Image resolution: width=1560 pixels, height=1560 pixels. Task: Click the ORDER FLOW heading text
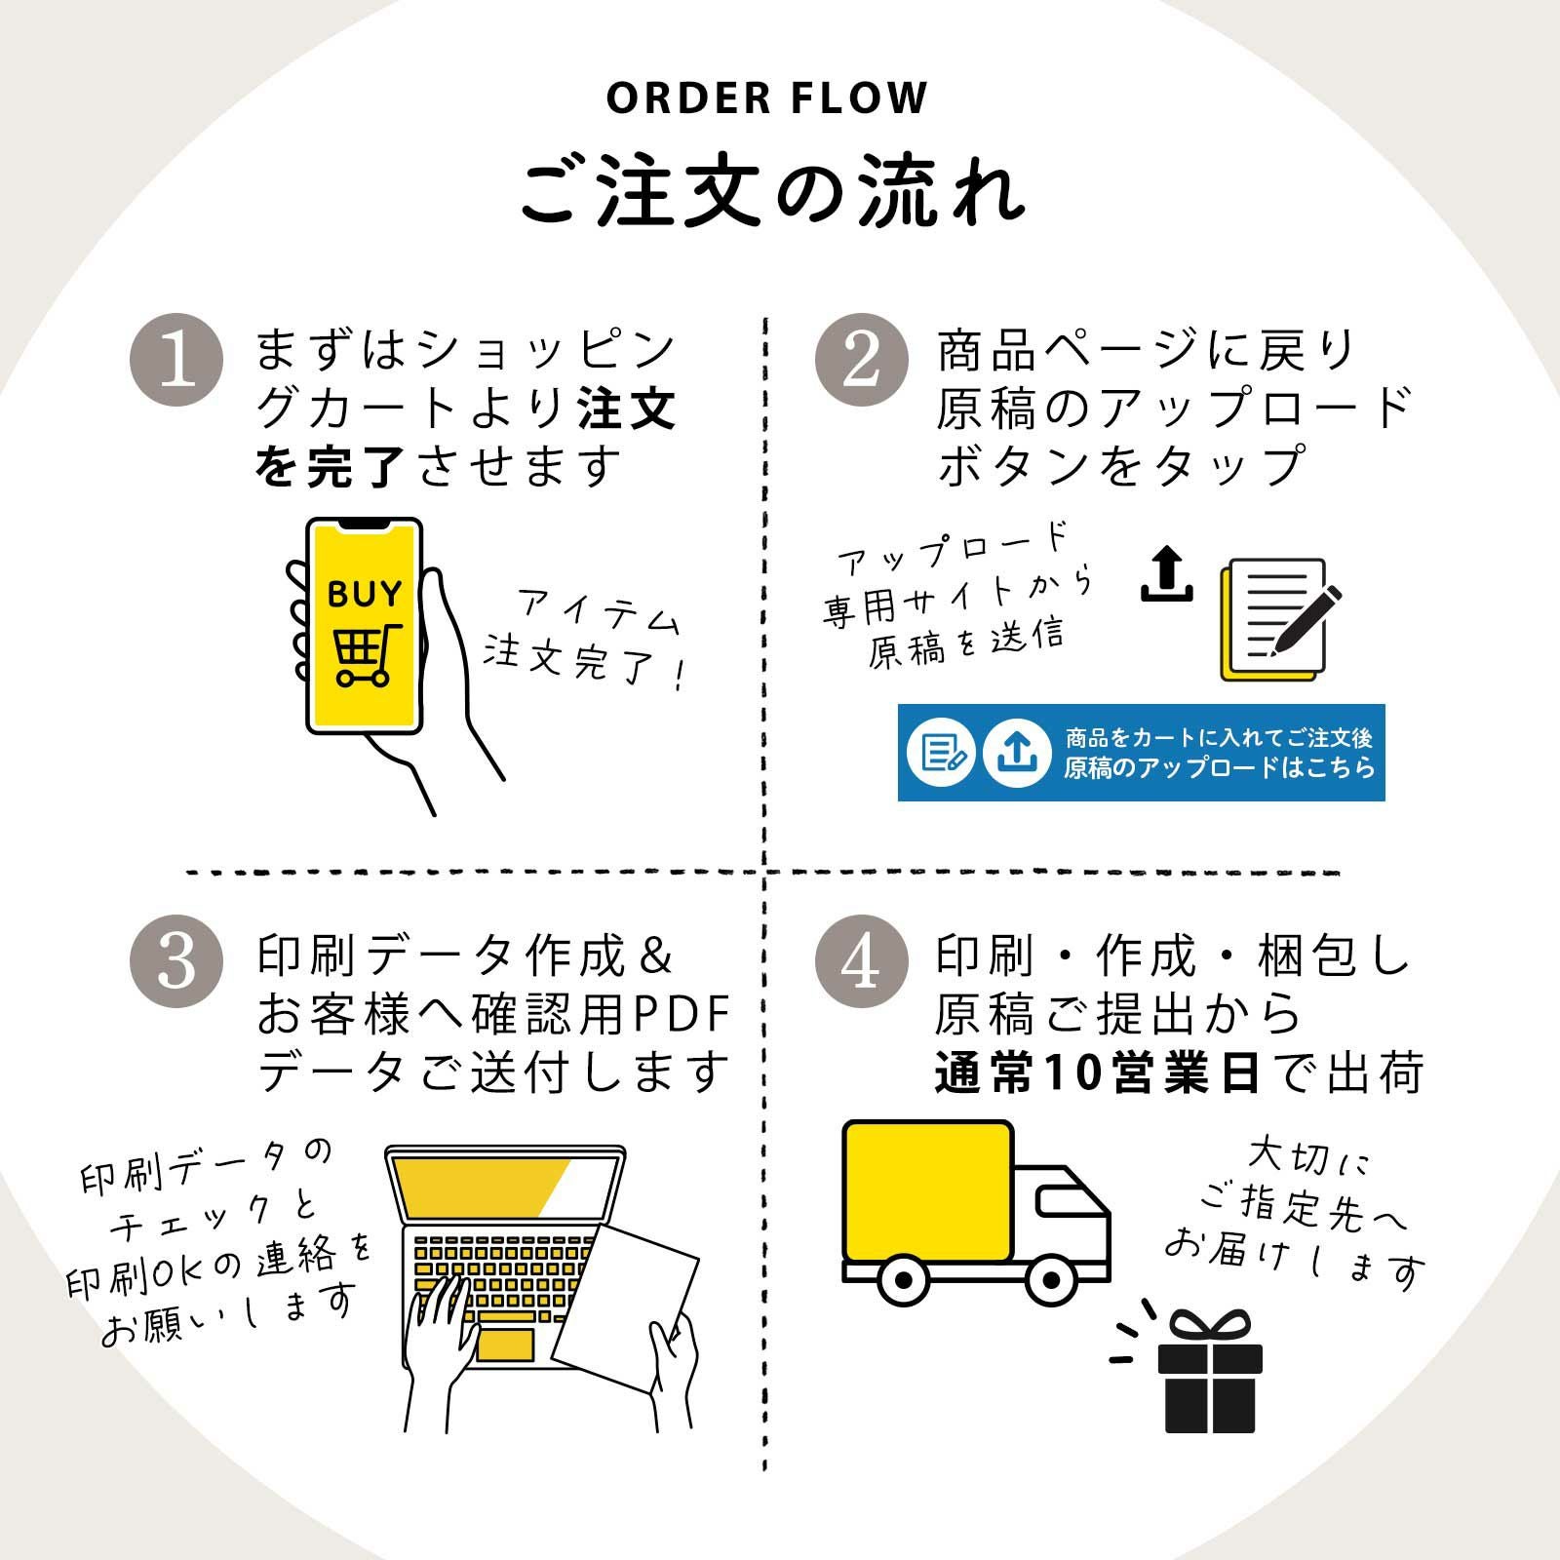766,97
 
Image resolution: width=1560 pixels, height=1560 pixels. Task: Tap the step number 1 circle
176,360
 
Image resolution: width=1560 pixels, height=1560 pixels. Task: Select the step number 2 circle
861,360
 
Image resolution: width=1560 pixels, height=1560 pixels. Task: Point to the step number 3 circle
176,961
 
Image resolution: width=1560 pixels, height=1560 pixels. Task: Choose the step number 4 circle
861,961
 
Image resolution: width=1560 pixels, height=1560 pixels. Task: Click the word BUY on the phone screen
365,593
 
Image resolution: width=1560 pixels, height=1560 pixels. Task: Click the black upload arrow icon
1167,574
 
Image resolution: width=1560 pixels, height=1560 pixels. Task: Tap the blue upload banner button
1141,753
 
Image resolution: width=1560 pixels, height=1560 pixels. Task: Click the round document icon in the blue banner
941,753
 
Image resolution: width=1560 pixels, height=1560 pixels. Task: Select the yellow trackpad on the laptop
505,1345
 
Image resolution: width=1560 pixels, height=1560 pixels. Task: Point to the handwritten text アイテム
598,612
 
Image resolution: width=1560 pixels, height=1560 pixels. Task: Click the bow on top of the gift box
1209,1326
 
